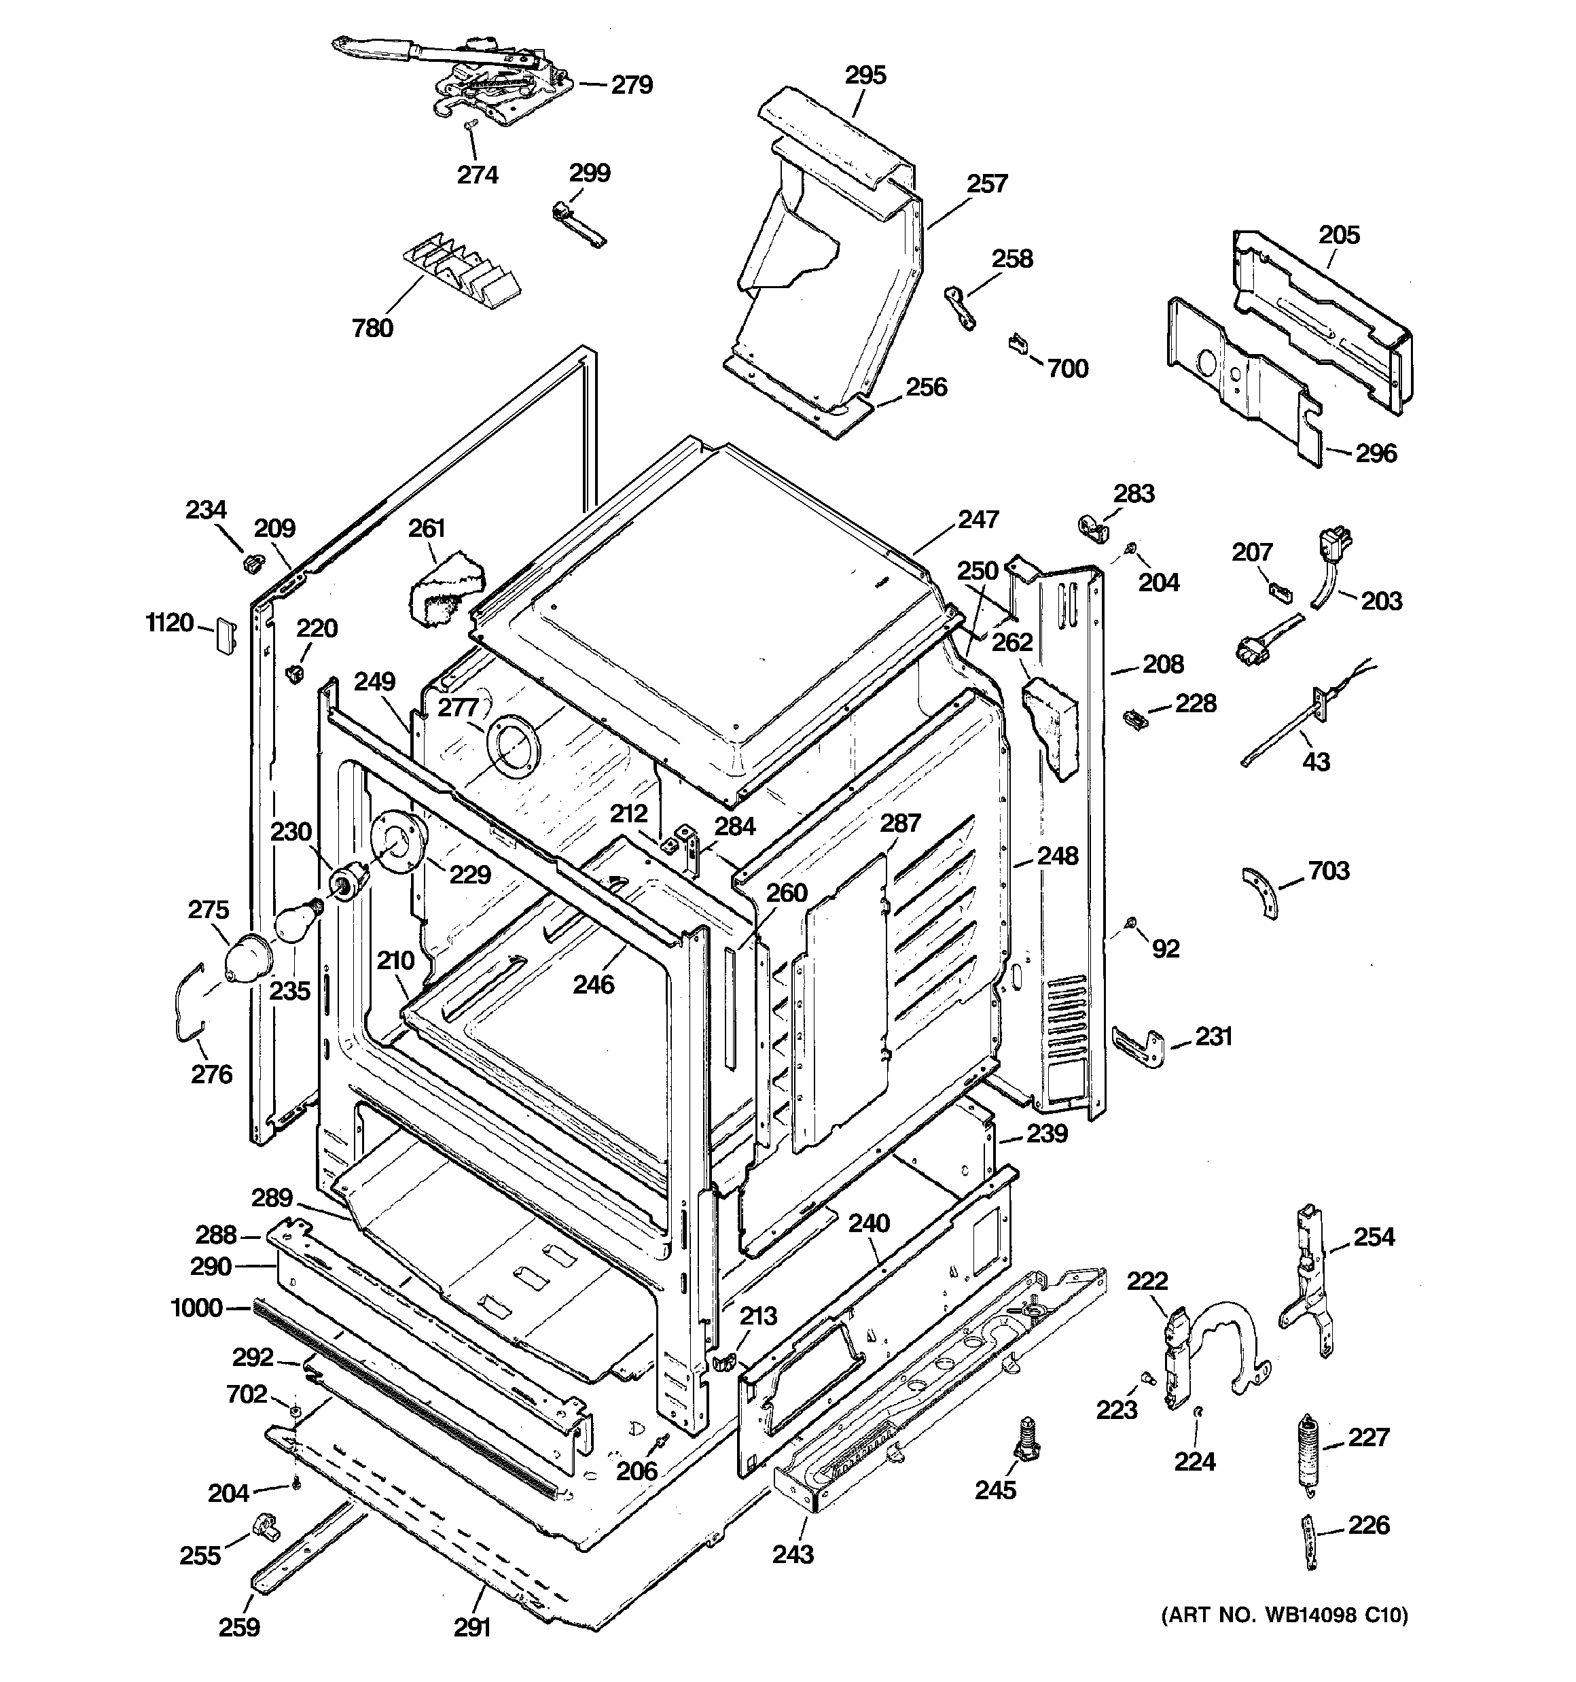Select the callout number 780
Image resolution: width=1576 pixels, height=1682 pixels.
(x=373, y=328)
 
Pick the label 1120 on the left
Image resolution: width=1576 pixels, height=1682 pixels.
(x=170, y=624)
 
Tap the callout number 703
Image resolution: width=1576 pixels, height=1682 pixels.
(x=1329, y=871)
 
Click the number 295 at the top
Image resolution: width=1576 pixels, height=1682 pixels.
(x=865, y=75)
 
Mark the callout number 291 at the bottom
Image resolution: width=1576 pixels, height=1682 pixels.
(x=472, y=1627)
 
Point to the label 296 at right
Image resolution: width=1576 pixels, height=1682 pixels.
(x=1376, y=453)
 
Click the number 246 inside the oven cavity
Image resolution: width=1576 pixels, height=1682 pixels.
(x=594, y=984)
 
